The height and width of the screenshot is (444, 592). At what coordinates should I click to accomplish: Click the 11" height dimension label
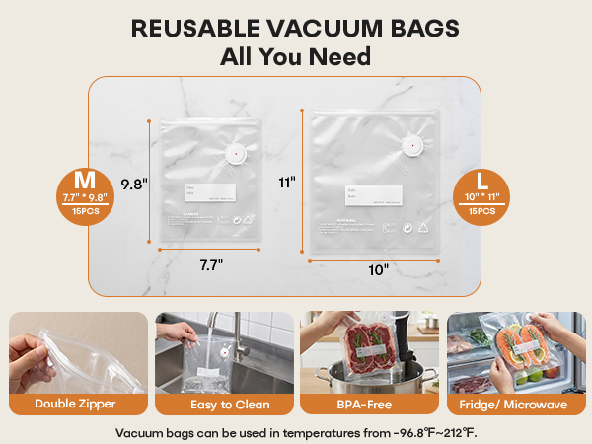(288, 182)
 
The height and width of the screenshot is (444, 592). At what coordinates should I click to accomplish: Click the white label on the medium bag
(208, 193)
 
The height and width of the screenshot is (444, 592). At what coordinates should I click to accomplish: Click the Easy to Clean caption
(223, 405)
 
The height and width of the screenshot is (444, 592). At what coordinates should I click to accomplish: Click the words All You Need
(296, 57)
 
